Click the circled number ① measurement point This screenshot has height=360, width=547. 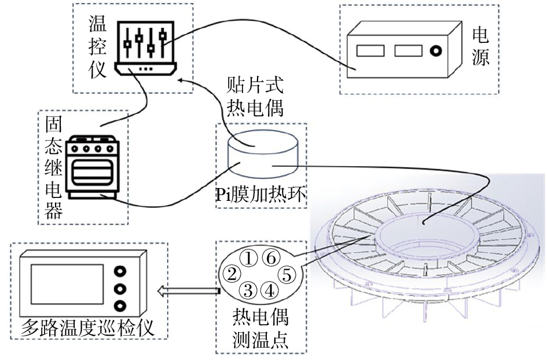pos(248,256)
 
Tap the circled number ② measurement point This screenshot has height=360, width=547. pos(232,273)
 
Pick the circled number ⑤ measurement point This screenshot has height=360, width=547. pos(287,273)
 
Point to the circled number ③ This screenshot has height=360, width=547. pos(248,289)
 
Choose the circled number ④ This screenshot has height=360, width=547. pos(270,289)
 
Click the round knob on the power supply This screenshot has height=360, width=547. pos(435,52)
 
